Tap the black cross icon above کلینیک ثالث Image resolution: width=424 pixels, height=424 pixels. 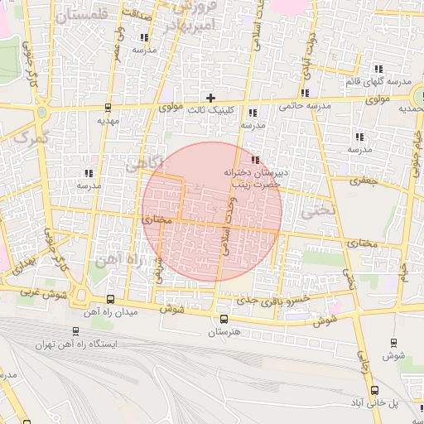pyautogui.click(x=211, y=99)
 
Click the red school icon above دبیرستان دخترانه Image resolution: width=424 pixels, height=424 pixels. pyautogui.click(x=255, y=160)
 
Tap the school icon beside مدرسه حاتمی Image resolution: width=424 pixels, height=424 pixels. pyautogui.click(x=306, y=93)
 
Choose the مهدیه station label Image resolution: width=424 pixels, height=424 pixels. pyautogui.click(x=108, y=120)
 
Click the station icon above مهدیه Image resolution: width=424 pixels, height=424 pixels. pyautogui.click(x=108, y=107)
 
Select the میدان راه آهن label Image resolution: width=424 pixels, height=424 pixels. pyautogui.click(x=111, y=313)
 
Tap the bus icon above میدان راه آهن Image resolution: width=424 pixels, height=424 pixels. pyautogui.click(x=111, y=300)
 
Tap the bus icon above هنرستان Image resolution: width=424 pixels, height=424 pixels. pyautogui.click(x=224, y=318)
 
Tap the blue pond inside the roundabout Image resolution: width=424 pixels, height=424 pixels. pyautogui.click(x=80, y=295)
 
